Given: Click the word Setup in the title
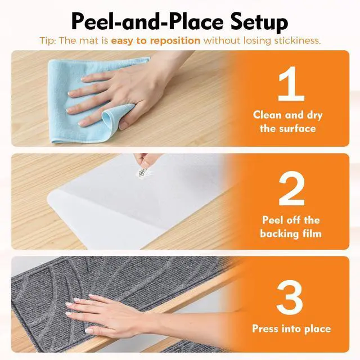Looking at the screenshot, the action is pos(256,22).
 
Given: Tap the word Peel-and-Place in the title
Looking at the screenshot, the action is pos(147,21).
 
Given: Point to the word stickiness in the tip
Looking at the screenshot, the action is pos(298,41).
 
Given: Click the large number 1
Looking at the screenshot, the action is pos(291,84).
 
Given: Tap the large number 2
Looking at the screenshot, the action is pos(291,188).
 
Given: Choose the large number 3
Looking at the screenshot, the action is pos(290,298).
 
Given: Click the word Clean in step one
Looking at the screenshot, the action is pos(266,115).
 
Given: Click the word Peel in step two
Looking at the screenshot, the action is pos(272,220).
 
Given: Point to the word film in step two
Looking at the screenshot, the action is pos(312,233).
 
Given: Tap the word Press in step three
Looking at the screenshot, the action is pos(265,328).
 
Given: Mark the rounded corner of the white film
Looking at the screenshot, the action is pos(49,197).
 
